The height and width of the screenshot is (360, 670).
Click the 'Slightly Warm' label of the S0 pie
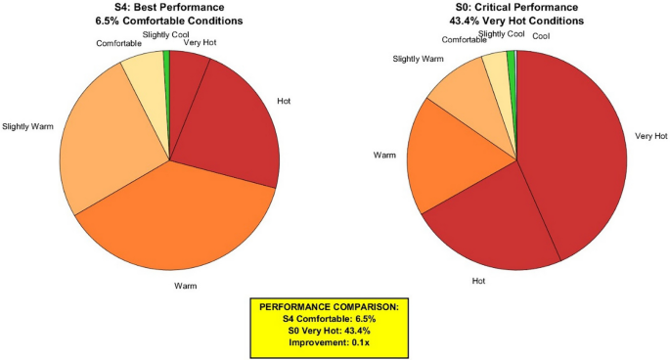[419, 59]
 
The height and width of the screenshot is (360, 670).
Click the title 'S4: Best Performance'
[169, 7]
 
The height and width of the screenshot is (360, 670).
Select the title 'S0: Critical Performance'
[515, 7]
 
